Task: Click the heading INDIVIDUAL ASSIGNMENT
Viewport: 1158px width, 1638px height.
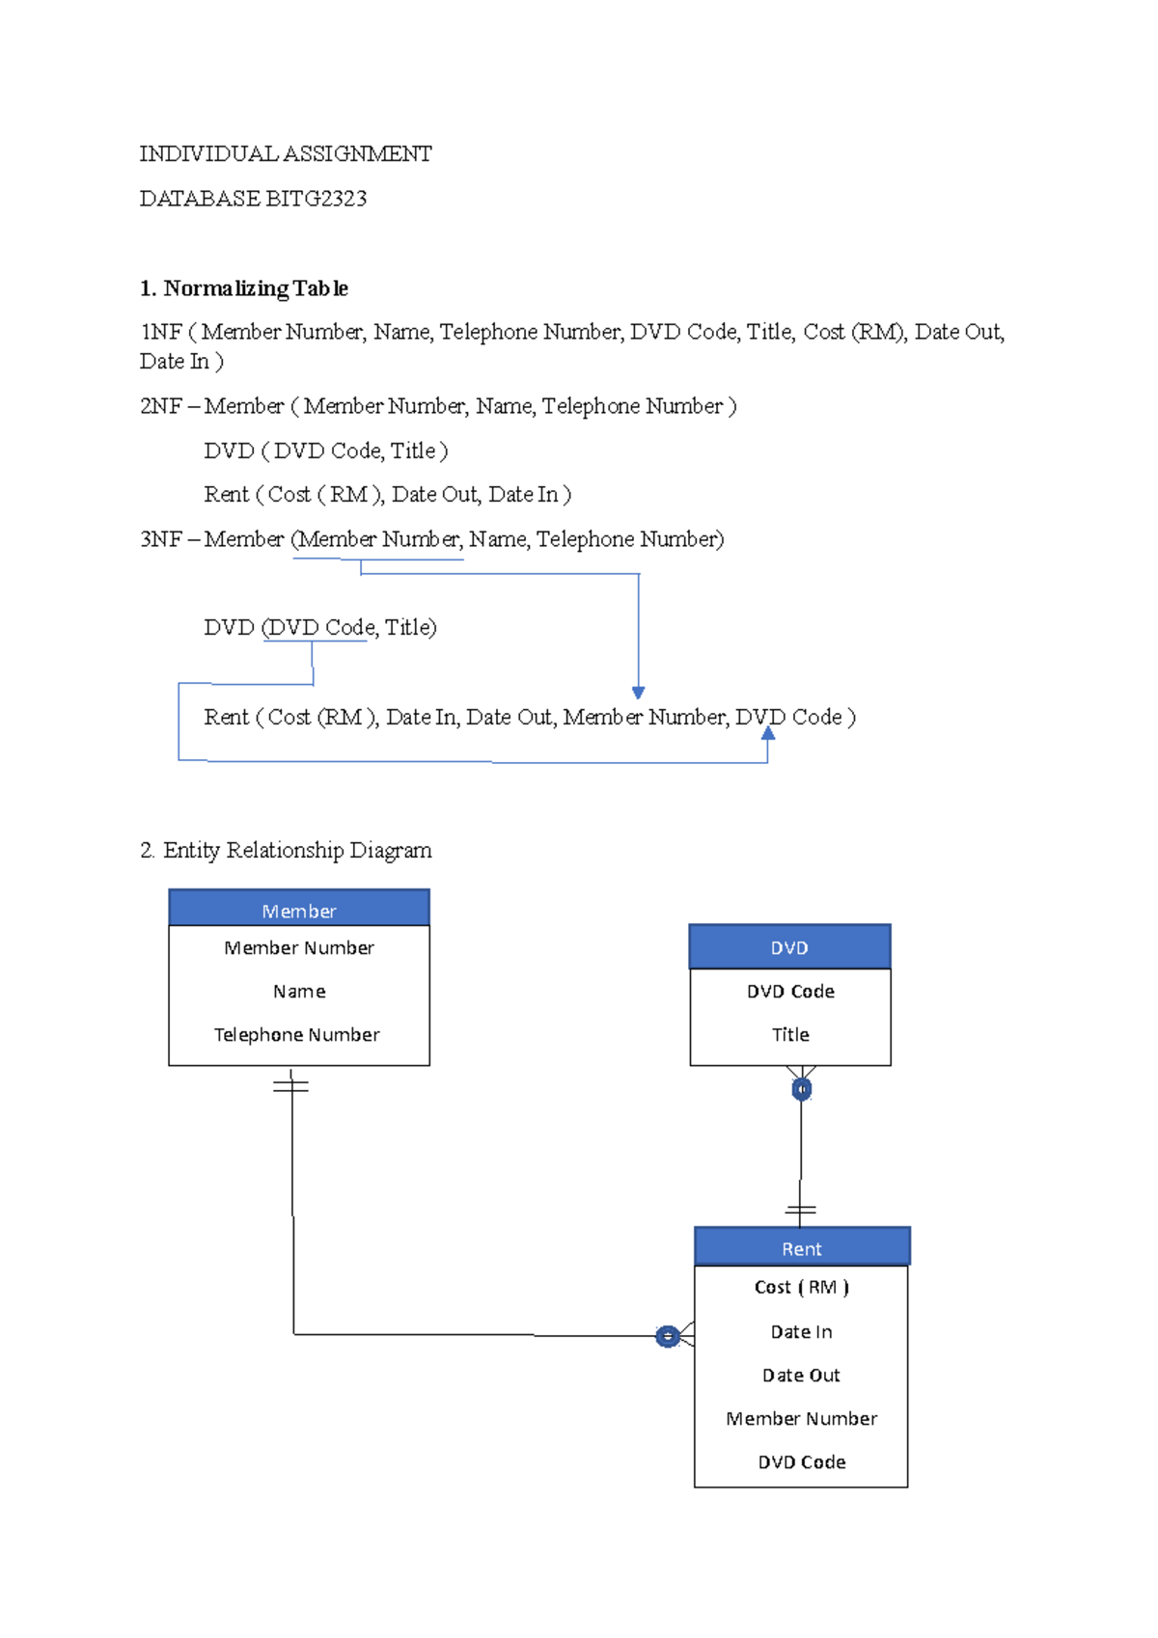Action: (285, 154)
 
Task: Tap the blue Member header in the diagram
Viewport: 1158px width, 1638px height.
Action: (299, 910)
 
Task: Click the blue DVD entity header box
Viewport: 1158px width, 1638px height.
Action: (789, 947)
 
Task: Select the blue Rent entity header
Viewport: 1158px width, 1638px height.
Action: (801, 1247)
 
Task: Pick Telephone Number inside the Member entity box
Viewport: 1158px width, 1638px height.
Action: (297, 1034)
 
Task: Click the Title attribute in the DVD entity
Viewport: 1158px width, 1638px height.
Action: (790, 1034)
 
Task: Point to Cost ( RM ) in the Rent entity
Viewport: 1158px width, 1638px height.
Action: (801, 1287)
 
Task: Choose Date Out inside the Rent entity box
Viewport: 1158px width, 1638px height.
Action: (801, 1375)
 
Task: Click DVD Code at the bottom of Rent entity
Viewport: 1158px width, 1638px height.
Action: (801, 1461)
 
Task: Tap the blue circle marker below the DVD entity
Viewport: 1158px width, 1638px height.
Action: (801, 1089)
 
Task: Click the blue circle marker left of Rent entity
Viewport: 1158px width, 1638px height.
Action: (667, 1336)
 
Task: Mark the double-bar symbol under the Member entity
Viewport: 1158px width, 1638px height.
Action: (290, 1086)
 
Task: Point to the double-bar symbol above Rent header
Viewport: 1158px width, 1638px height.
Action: (800, 1210)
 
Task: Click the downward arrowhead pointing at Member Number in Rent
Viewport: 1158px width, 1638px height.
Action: (638, 692)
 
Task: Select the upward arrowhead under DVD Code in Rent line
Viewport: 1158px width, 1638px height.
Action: (767, 733)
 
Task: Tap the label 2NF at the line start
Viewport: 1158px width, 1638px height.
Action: (160, 406)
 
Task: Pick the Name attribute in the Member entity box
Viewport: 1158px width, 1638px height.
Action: (299, 991)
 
